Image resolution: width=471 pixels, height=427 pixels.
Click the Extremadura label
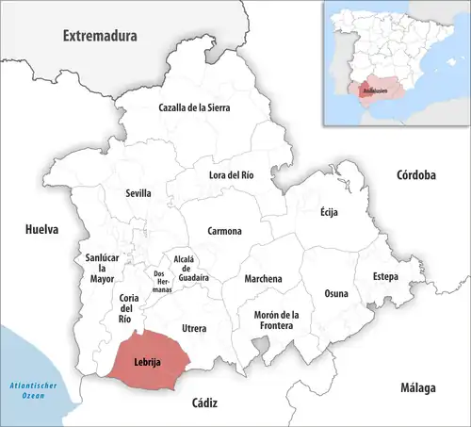pyautogui.click(x=100, y=36)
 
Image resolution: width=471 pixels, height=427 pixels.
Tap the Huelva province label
pyautogui.click(x=41, y=229)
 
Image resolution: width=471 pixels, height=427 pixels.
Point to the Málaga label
pyautogui.click(x=415, y=388)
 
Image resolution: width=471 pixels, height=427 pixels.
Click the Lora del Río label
pyautogui.click(x=231, y=174)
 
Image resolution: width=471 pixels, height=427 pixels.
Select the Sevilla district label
pyautogui.click(x=138, y=193)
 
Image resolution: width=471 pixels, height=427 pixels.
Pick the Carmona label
pyautogui.click(x=225, y=231)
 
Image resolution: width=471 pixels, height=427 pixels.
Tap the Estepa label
pyautogui.click(x=385, y=276)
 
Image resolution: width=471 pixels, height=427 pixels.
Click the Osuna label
pyautogui.click(x=336, y=293)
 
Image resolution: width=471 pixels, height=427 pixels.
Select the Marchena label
pyautogui.click(x=263, y=279)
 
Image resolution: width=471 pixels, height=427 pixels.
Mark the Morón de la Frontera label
pyautogui.click(x=275, y=320)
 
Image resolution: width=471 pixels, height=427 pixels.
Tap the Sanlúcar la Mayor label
pyautogui.click(x=101, y=268)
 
